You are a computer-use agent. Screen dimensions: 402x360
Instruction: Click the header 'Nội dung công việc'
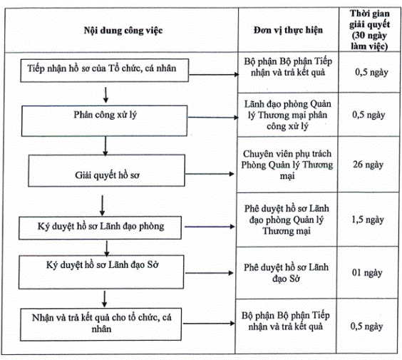pyautogui.click(x=123, y=31)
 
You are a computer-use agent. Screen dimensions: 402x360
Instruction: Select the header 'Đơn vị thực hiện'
pyautogui.click(x=288, y=30)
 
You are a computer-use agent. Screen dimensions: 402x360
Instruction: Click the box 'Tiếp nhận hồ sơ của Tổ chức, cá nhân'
pyautogui.click(x=105, y=71)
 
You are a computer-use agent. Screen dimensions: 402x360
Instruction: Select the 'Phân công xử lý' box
pyautogui.click(x=104, y=120)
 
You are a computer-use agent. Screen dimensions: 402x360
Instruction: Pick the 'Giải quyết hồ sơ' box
pyautogui.click(x=106, y=170)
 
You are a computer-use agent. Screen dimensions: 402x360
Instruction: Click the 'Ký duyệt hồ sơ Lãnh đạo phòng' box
pyautogui.click(x=100, y=227)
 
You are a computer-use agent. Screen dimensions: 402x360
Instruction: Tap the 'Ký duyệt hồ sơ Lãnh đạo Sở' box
pyautogui.click(x=101, y=272)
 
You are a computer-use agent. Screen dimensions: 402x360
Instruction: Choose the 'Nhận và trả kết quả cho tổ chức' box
pyautogui.click(x=100, y=324)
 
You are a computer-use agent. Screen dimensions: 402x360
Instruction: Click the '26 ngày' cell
pyautogui.click(x=368, y=165)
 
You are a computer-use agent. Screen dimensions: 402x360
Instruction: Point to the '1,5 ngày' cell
pyautogui.click(x=368, y=220)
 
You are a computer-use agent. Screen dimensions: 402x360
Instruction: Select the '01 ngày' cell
pyautogui.click(x=367, y=272)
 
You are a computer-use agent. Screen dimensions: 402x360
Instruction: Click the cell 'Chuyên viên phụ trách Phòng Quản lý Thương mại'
pyautogui.click(x=287, y=165)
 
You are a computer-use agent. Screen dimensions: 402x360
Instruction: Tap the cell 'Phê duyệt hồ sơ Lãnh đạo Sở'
pyautogui.click(x=286, y=273)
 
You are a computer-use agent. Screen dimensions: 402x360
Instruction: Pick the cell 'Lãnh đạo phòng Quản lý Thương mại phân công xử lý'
pyautogui.click(x=288, y=115)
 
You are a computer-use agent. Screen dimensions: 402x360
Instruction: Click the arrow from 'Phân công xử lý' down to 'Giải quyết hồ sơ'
pyautogui.click(x=105, y=145)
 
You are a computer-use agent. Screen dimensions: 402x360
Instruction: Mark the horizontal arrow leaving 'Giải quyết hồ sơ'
pyautogui.click(x=210, y=174)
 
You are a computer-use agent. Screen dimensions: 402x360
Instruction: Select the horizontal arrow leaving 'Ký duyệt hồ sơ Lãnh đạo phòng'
pyautogui.click(x=210, y=227)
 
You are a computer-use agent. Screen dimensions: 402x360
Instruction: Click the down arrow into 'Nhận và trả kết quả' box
pyautogui.click(x=104, y=299)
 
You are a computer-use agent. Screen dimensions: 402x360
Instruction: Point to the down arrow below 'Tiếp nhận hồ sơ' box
pyautogui.click(x=105, y=95)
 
